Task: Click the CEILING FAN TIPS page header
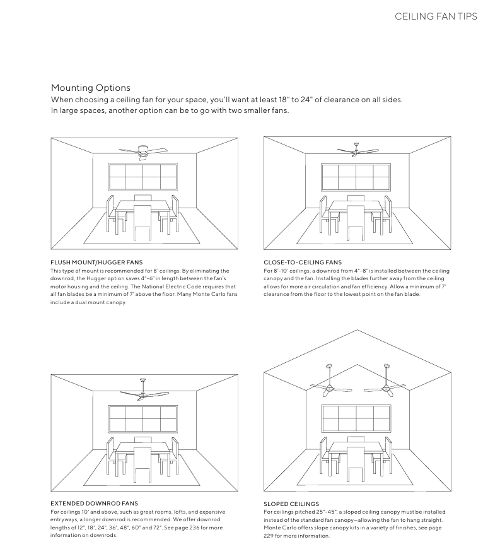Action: (x=436, y=16)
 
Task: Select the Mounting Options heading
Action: (x=91, y=88)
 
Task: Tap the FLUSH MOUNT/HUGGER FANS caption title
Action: (x=96, y=262)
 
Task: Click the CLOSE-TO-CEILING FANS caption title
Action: (x=303, y=262)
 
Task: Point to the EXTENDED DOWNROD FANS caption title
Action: (x=94, y=504)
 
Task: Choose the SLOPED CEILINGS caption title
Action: (x=291, y=504)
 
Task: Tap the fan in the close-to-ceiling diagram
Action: (x=357, y=150)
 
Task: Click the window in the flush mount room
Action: (x=142, y=177)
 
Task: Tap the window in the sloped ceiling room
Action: (x=356, y=418)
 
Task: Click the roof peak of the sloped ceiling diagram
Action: (x=357, y=331)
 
